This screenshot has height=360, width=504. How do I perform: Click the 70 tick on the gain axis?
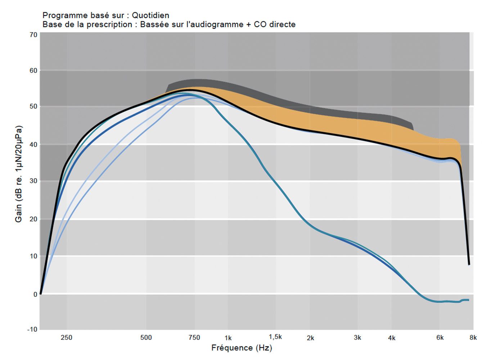tap(33, 35)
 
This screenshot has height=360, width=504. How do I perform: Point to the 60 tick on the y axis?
tap(33, 71)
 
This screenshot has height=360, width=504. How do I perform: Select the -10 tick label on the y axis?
tap(32, 329)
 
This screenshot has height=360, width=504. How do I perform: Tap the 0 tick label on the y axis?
tap(35, 294)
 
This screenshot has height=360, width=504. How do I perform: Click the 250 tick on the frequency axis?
tap(66, 338)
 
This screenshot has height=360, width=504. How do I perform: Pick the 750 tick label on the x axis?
tap(194, 338)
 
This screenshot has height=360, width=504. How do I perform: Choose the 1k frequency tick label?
tap(228, 338)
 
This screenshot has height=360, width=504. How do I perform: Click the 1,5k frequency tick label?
tap(275, 337)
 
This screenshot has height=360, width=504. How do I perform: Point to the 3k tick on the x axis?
tap(357, 338)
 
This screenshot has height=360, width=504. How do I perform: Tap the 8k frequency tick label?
tap(473, 338)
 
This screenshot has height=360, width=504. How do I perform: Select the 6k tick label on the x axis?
tap(440, 338)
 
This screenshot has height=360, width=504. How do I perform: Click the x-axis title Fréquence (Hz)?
tap(242, 348)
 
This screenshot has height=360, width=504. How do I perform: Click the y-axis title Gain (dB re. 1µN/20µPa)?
tap(19, 174)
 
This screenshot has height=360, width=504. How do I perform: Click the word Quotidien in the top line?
tap(150, 15)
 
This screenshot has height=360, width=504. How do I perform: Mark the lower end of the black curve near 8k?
tap(469, 264)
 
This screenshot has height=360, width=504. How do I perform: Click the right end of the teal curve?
tap(468, 300)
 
